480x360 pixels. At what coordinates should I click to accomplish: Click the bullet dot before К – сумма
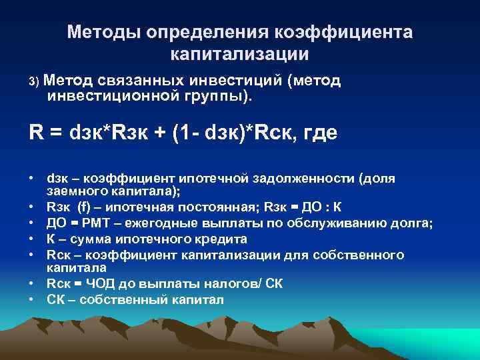(32, 239)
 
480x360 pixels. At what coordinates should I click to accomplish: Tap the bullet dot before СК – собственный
(32, 300)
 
